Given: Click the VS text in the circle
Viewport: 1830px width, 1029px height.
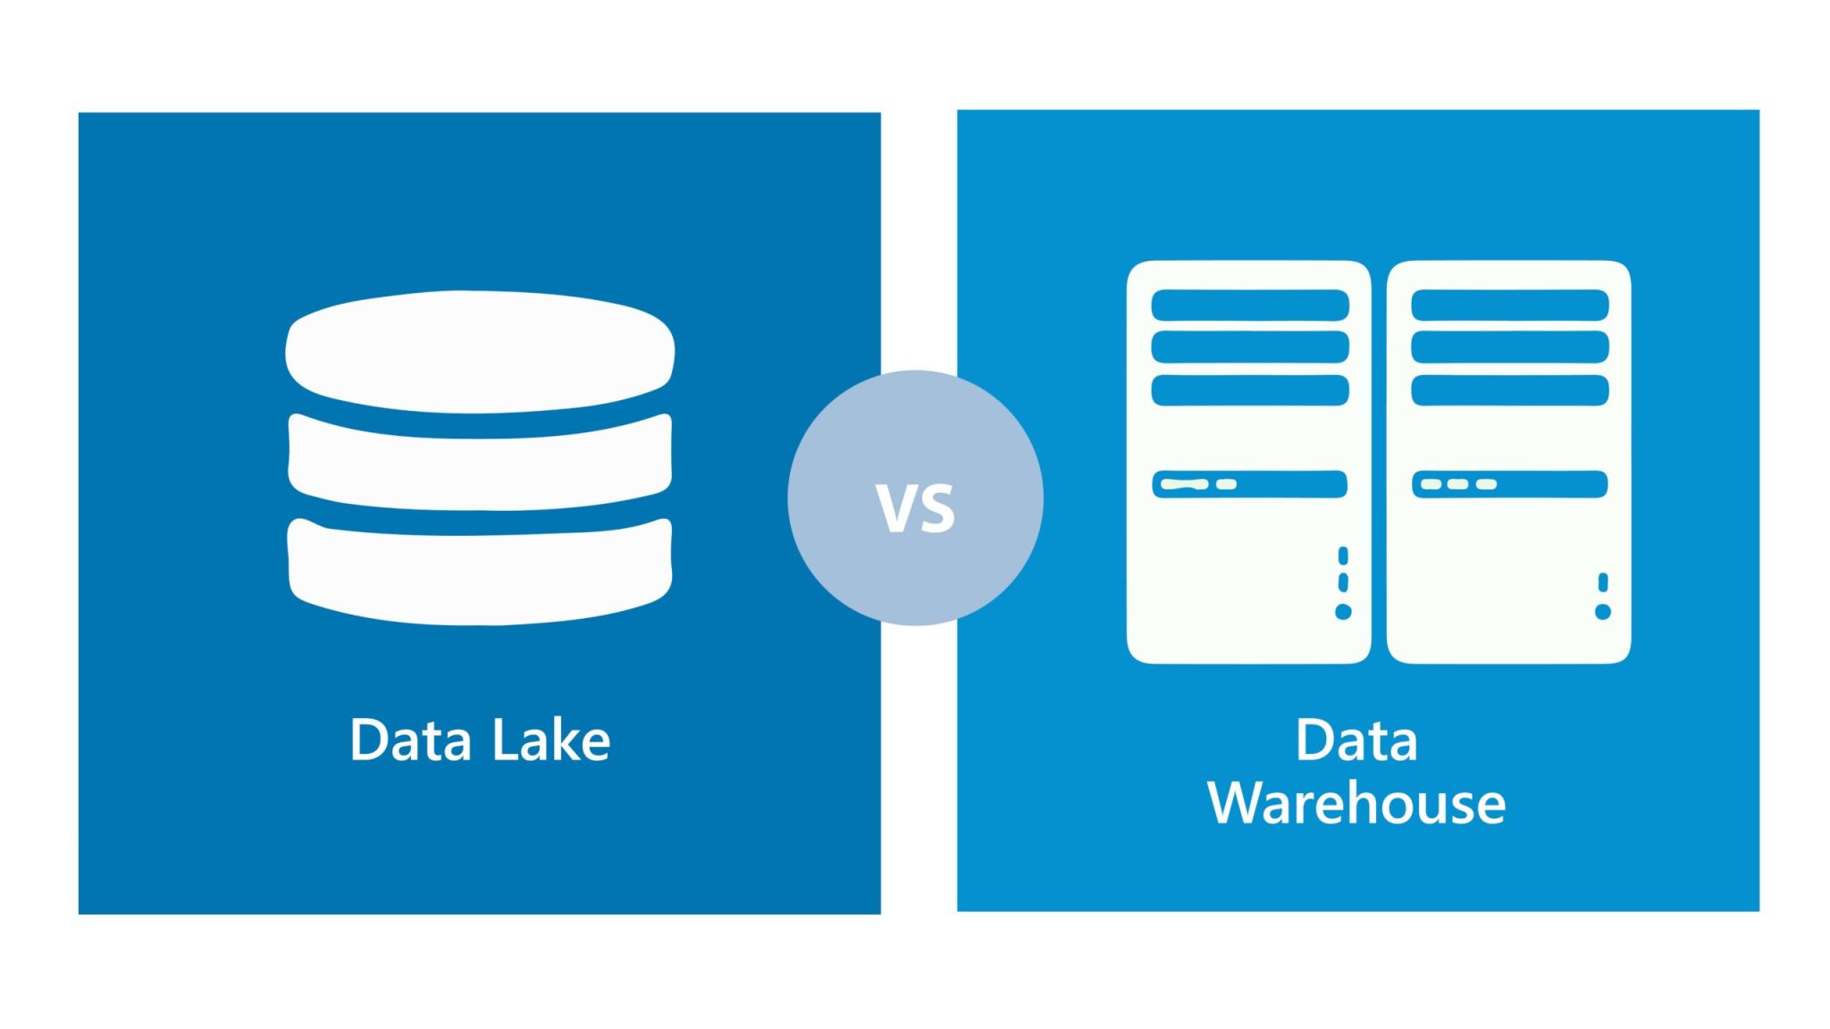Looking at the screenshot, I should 915,507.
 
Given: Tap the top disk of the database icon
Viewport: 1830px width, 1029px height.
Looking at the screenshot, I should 480,352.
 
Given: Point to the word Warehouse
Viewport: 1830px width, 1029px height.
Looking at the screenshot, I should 1356,802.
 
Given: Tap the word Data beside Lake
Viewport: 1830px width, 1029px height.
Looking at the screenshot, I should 410,740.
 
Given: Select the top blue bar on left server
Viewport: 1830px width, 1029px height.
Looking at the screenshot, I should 1249,305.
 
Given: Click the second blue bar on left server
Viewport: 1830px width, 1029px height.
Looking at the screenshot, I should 1249,347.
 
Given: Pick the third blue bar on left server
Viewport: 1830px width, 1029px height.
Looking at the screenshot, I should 1249,390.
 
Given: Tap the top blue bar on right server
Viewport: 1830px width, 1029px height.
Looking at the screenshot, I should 1509,305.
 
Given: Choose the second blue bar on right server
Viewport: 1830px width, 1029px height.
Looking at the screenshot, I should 1509,347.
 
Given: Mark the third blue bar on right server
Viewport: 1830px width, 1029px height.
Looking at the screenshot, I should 1509,390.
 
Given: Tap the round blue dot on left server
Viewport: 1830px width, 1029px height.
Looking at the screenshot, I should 1343,612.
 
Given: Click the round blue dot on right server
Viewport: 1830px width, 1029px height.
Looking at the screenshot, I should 1603,612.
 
